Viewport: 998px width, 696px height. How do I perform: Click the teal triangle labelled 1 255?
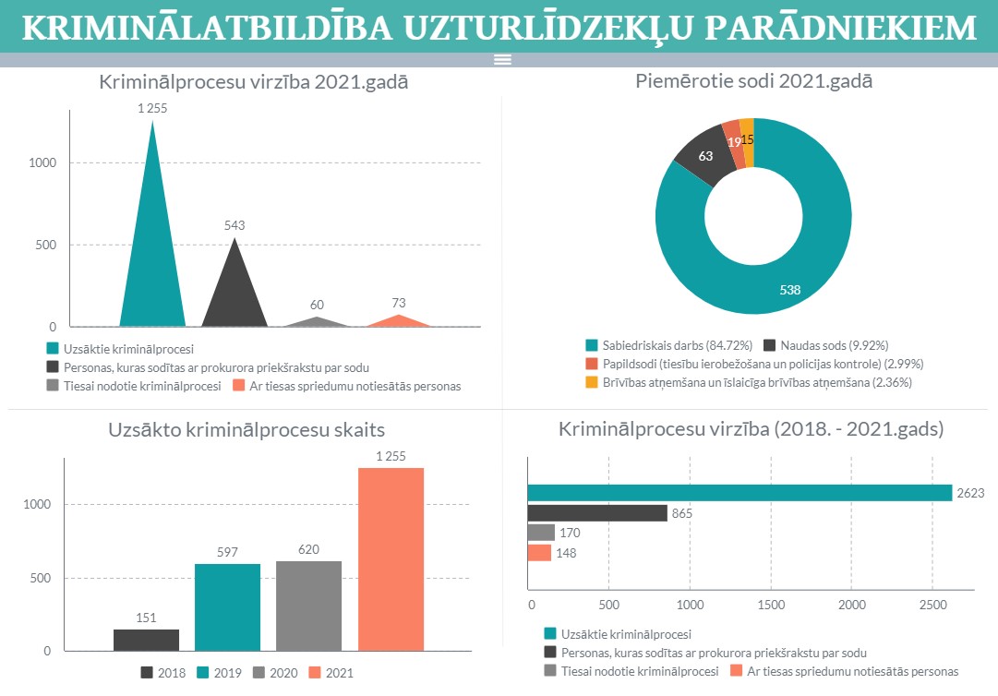[152, 268]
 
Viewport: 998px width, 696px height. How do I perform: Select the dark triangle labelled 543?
[234, 295]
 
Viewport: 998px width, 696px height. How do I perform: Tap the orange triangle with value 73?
[399, 321]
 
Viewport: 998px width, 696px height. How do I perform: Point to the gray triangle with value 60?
[317, 322]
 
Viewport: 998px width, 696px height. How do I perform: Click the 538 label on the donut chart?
[789, 290]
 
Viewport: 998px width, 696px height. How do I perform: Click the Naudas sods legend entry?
[825, 345]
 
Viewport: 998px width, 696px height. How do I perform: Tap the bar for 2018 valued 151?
[146, 640]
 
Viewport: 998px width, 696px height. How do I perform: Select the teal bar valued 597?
[227, 606]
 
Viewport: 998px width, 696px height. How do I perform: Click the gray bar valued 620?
[308, 605]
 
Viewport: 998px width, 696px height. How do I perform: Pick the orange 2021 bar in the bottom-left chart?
[391, 558]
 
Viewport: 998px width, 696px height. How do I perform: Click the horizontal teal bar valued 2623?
[739, 493]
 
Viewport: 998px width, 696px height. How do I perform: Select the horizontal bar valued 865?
[596, 513]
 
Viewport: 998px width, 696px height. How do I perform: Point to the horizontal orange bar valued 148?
[539, 553]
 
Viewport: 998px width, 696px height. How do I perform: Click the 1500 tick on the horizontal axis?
[770, 606]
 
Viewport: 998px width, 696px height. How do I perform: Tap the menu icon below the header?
[502, 60]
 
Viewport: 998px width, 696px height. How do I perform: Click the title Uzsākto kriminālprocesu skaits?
[246, 429]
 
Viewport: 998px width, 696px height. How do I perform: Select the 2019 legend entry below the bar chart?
[219, 673]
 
